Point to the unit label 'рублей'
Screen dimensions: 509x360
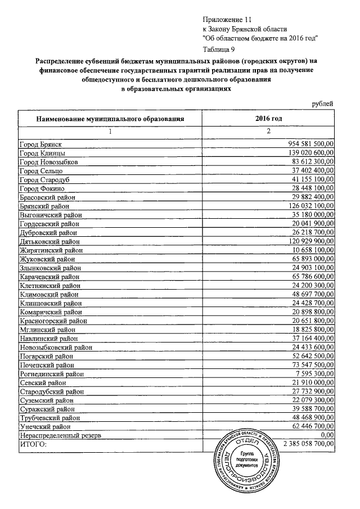pos(323,103)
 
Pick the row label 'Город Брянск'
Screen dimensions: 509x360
pos(40,145)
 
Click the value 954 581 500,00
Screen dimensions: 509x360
pos(308,145)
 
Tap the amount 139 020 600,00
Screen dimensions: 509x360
pos(308,153)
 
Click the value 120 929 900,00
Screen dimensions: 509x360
pos(308,241)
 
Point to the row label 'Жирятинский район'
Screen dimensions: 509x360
pos(51,250)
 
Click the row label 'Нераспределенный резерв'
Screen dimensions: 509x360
pos(60,435)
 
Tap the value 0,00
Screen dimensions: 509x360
pos(326,435)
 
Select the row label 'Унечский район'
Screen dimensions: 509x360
pos(45,426)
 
